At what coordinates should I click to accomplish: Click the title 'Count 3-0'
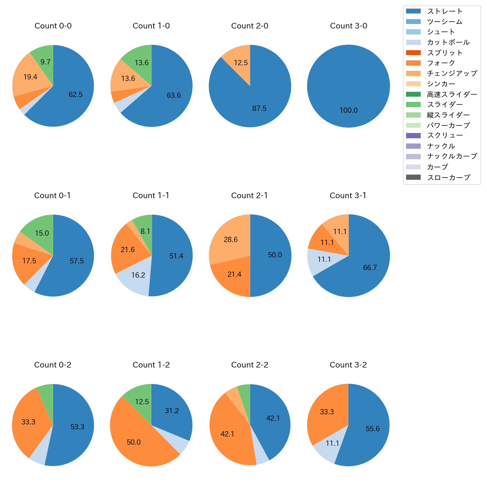[x=348, y=26]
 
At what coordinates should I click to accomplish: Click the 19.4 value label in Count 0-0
[x=30, y=77]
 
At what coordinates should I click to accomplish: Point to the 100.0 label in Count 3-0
[x=349, y=111]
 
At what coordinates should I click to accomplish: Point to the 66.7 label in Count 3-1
[x=370, y=268]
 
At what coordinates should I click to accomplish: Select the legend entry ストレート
[x=445, y=11]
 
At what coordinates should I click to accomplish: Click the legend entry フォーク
[x=441, y=63]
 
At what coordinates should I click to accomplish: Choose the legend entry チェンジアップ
[x=452, y=73]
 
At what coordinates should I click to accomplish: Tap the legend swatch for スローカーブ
[x=413, y=178]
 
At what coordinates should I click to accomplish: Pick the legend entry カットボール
[x=448, y=42]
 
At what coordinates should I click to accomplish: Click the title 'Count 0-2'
[x=53, y=365]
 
